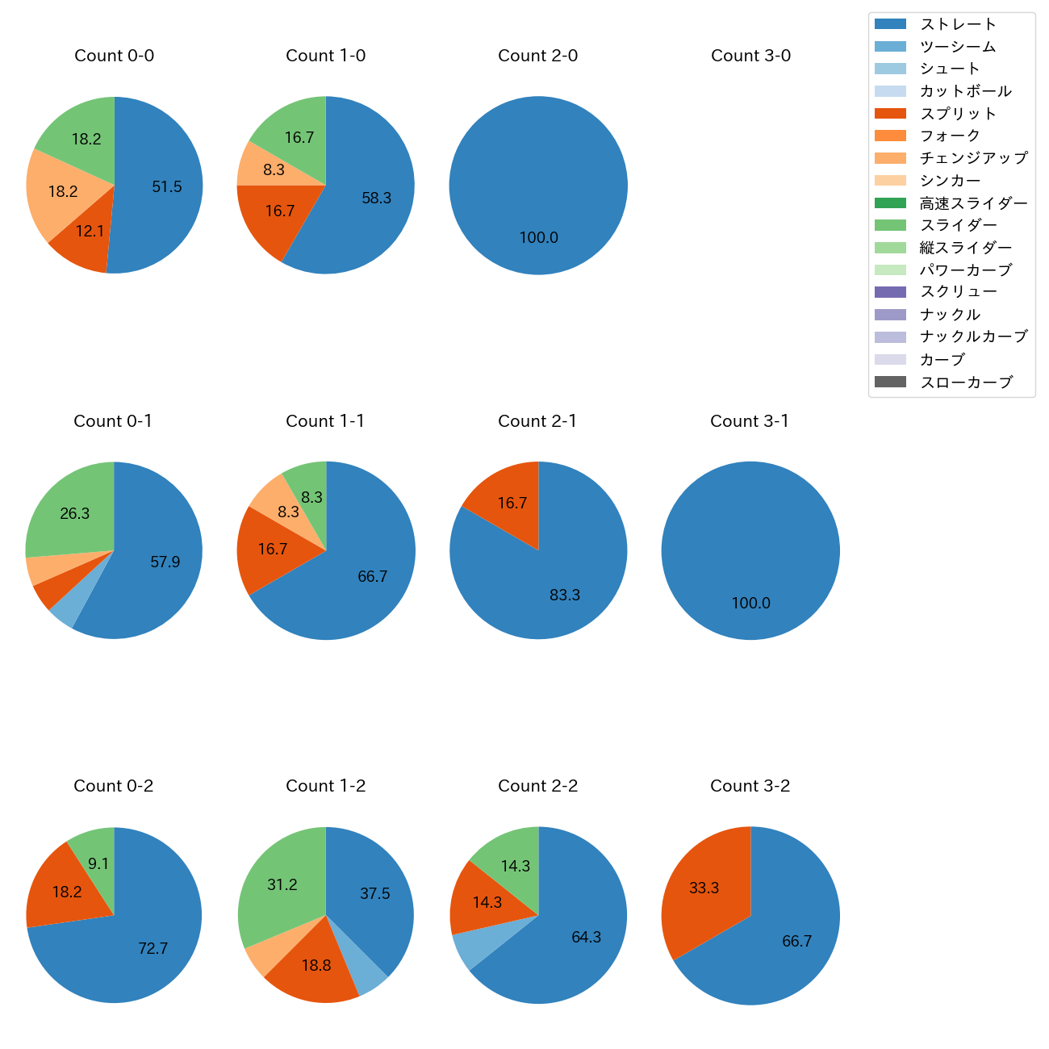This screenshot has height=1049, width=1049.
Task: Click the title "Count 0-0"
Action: point(114,56)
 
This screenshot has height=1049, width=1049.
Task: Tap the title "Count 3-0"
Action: point(750,56)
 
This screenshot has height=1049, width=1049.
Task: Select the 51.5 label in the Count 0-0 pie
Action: point(167,186)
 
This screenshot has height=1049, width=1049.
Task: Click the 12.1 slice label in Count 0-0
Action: point(90,231)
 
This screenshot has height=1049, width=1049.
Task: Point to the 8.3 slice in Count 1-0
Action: point(274,169)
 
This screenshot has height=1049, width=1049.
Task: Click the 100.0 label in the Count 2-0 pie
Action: point(538,237)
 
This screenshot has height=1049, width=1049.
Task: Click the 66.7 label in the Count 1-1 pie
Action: point(373,576)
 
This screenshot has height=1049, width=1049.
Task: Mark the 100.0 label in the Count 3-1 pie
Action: point(750,603)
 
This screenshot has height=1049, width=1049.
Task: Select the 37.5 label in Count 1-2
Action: point(374,893)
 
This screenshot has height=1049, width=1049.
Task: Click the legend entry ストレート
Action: point(958,24)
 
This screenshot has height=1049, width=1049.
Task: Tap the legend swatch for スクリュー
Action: point(890,292)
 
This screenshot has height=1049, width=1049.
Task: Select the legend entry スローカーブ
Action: point(966,382)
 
